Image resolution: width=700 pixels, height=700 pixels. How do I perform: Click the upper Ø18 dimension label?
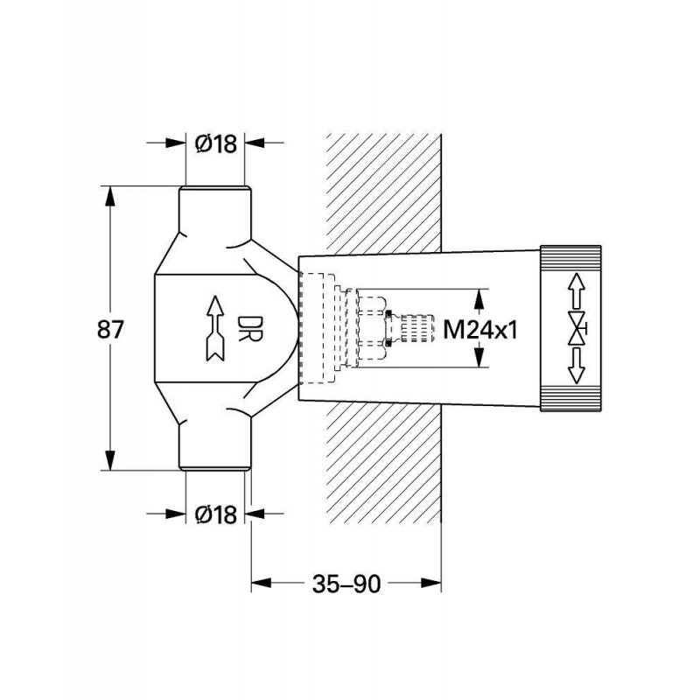(x=216, y=144)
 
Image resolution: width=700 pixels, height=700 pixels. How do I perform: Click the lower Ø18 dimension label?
(x=216, y=514)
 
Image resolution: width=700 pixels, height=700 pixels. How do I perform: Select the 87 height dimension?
(x=110, y=330)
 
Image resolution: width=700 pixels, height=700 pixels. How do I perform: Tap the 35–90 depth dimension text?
(x=346, y=584)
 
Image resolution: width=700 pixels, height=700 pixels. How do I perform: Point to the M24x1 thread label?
(x=480, y=331)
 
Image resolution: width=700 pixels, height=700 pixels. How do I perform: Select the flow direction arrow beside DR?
(x=215, y=328)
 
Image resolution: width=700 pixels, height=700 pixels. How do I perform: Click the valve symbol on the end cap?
(x=577, y=329)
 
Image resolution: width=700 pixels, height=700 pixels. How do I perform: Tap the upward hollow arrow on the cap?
(x=577, y=290)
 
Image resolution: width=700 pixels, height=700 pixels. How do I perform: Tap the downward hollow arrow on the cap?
(x=577, y=367)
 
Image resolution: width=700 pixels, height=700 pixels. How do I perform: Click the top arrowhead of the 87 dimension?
(x=110, y=196)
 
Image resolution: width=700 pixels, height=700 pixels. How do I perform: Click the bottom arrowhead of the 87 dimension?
(x=110, y=460)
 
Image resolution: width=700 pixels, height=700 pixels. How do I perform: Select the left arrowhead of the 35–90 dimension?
(x=262, y=583)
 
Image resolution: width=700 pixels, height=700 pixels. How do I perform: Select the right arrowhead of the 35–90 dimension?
(x=431, y=583)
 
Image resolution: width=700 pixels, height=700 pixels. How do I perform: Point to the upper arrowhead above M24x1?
(x=479, y=299)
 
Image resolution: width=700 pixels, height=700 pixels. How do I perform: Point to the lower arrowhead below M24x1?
(x=479, y=357)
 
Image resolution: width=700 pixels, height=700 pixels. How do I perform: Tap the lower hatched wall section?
(x=383, y=463)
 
